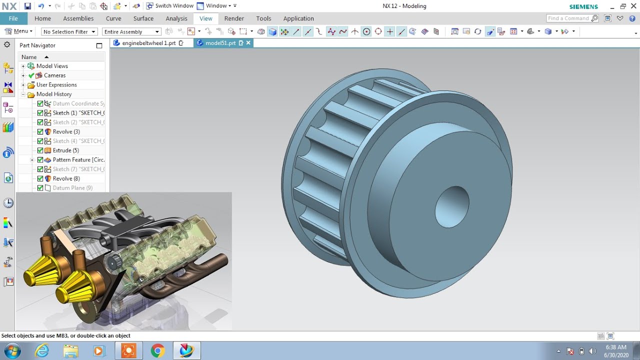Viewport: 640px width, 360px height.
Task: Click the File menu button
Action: click(x=13, y=18)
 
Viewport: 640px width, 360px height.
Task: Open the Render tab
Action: click(x=234, y=18)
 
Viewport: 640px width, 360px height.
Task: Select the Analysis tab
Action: click(x=176, y=18)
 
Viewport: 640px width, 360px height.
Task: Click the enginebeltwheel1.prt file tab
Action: click(x=149, y=43)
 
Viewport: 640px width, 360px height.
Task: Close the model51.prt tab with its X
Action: click(x=248, y=43)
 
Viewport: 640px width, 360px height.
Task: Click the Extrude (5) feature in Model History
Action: click(x=65, y=150)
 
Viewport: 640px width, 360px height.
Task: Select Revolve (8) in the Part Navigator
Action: click(x=66, y=178)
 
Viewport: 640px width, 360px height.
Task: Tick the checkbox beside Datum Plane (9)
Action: click(x=40, y=188)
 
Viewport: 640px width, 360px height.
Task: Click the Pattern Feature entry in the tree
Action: click(x=78, y=160)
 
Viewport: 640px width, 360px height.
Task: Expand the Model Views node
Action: click(x=23, y=66)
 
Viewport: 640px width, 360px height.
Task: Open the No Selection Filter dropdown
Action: click(x=69, y=31)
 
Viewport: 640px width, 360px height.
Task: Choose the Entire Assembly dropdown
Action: click(x=131, y=31)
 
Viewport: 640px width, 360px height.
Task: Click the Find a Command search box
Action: click(x=568, y=18)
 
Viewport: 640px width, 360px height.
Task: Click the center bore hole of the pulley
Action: click(x=451, y=206)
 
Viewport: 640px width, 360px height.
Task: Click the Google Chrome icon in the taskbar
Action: click(x=157, y=351)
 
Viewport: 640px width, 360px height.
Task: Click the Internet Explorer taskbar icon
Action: click(x=42, y=351)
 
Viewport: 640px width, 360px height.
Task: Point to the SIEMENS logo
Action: click(x=583, y=6)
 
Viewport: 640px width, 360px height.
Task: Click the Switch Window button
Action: click(x=169, y=6)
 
